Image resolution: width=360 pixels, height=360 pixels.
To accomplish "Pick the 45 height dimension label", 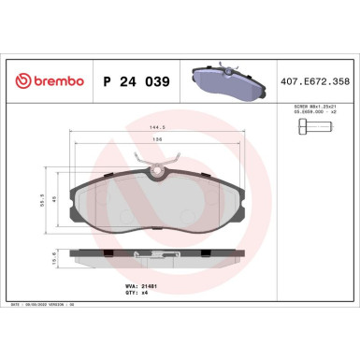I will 65,198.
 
